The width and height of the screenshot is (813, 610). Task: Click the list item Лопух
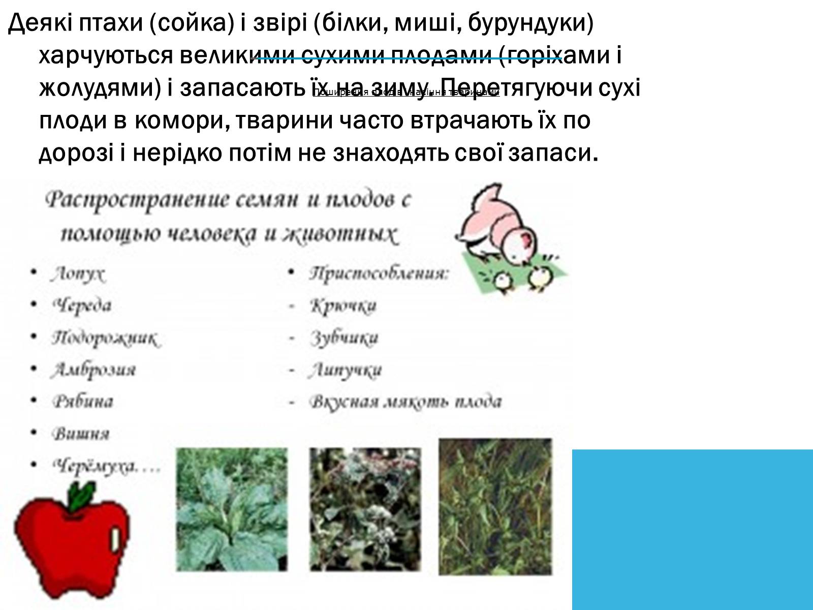pos(77,274)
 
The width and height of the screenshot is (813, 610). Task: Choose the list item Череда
pos(81,306)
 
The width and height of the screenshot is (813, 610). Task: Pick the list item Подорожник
pos(104,338)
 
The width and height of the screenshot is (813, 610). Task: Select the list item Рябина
pos(82,402)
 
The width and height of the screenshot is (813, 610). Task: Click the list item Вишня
pos(80,434)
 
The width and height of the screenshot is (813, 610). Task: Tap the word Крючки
pos(343,306)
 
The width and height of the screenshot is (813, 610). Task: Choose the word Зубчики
pos(344,338)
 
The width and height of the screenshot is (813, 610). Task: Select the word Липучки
pos(345,370)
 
